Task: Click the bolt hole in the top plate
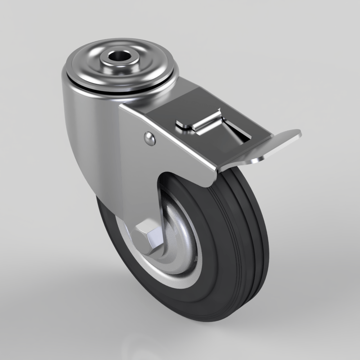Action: click(x=118, y=57)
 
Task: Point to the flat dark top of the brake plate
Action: click(x=169, y=108)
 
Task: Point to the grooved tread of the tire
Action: click(x=252, y=230)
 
